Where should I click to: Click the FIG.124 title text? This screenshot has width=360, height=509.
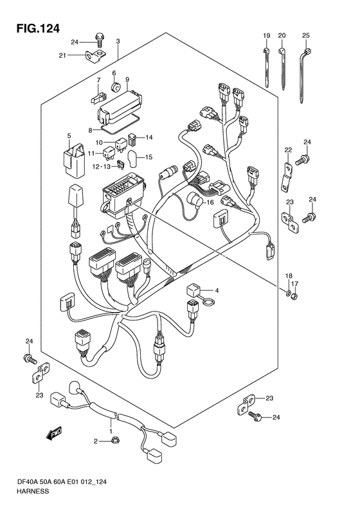tap(39, 28)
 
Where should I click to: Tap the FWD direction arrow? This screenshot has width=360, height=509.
tap(54, 434)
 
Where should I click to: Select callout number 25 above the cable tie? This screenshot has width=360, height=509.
tap(306, 35)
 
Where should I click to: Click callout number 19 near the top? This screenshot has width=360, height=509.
tap(267, 35)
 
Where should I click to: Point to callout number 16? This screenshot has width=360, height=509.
tap(210, 203)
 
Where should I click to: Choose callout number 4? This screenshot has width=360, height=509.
tap(217, 290)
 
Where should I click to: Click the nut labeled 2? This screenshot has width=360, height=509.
tap(114, 440)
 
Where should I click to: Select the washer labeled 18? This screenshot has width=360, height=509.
tap(288, 294)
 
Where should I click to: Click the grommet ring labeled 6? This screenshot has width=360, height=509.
tap(116, 87)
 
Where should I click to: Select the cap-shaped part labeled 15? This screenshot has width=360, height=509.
tap(133, 158)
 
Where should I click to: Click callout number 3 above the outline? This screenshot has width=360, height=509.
tap(118, 41)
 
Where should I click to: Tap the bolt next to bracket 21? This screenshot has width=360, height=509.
tap(98, 40)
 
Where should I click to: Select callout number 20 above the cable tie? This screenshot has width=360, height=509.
tap(282, 35)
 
